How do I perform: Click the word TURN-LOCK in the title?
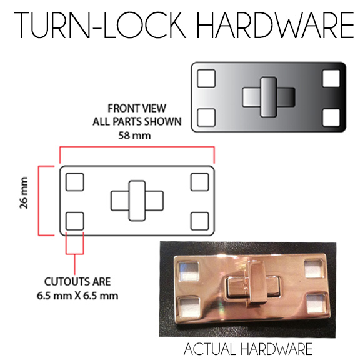(x=100, y=25)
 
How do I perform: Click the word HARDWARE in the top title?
(x=274, y=25)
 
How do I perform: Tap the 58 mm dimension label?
(x=134, y=136)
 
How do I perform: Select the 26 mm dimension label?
(x=24, y=193)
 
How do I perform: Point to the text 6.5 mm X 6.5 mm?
(x=77, y=296)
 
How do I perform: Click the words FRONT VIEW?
(x=137, y=108)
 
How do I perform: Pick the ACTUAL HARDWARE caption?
(x=248, y=349)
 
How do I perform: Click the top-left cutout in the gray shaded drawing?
(x=206, y=79)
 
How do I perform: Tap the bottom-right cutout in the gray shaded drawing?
(x=331, y=117)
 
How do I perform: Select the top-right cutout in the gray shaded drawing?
(x=331, y=79)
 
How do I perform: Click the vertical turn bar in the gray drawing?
(x=268, y=97)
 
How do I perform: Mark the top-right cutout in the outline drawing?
(x=200, y=182)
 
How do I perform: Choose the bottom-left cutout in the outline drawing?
(x=74, y=221)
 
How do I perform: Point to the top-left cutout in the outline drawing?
(x=74, y=182)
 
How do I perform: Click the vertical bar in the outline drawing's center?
(x=137, y=201)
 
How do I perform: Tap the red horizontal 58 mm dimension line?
(x=137, y=147)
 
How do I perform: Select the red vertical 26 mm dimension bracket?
(x=39, y=201)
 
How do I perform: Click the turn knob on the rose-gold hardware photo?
(x=256, y=284)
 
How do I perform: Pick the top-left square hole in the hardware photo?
(x=188, y=271)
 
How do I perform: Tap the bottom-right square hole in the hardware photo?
(x=316, y=303)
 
